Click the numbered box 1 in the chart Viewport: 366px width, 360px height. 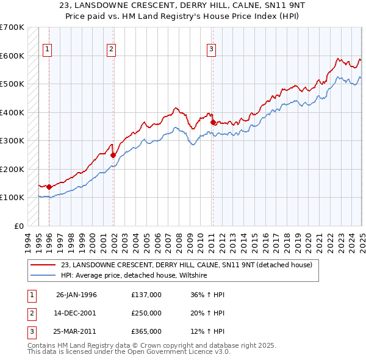coord(48,50)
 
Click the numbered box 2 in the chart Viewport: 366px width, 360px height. coord(112,50)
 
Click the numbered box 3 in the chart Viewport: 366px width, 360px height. coord(210,50)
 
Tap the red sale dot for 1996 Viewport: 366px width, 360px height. coord(49,187)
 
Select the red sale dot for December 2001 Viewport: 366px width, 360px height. coord(113,155)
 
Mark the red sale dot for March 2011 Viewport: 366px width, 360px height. coord(213,123)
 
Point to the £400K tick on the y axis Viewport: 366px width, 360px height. coord(12,112)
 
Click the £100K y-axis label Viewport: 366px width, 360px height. coord(12,197)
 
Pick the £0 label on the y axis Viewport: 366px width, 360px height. coord(18,226)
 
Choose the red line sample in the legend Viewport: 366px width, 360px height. coord(44,265)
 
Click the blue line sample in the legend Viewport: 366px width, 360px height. coord(44,275)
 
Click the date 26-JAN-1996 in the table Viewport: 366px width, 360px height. coord(76,295)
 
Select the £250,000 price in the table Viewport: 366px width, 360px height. coord(146,314)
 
